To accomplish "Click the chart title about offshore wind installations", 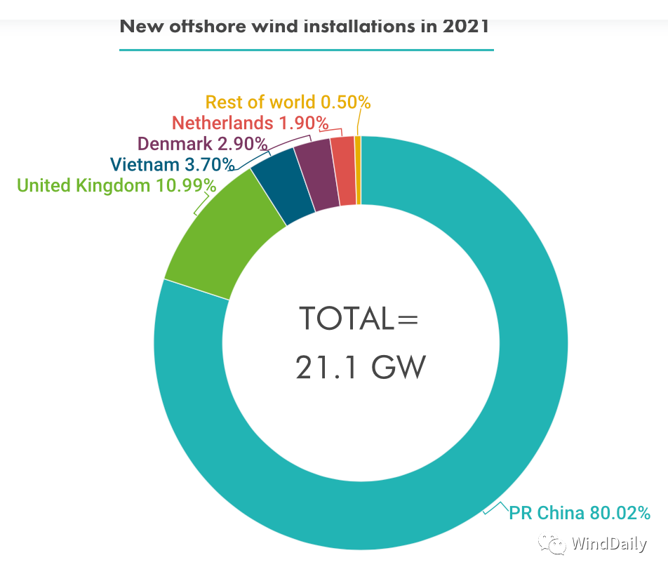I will point(305,27).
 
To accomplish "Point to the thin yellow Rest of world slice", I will point(358,170).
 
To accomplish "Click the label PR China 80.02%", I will point(579,513).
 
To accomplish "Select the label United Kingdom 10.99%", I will point(116,185).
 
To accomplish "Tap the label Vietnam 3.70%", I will point(172,165).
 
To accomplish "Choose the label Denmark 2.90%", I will point(203,144).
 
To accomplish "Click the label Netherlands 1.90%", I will point(250,123).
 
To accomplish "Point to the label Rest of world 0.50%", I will point(288,102).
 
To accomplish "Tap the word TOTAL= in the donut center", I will point(359,319).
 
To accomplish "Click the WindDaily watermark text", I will point(608,544).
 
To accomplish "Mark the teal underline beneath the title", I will point(307,50).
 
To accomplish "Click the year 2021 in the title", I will point(466,27).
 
